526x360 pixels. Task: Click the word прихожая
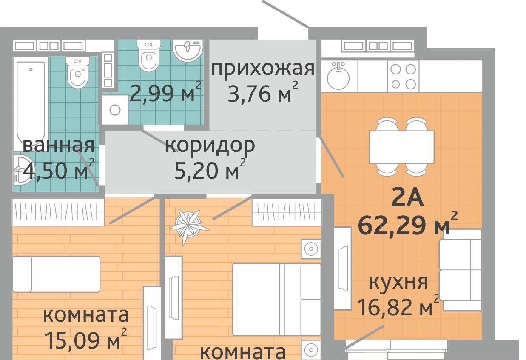tap(263, 69)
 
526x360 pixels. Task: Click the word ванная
tap(59, 145)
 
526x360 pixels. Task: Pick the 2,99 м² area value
tap(165, 91)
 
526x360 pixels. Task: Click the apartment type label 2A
tap(407, 198)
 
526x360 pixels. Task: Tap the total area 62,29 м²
tap(408, 223)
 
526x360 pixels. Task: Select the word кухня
tap(398, 282)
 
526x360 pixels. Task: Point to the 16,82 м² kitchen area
tap(398, 306)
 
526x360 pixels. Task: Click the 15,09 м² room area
tap(86, 338)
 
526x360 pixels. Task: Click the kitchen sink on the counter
tap(338, 76)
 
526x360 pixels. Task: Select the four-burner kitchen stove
tap(403, 76)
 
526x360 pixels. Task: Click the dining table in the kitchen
tap(402, 147)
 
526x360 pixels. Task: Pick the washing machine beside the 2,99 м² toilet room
tap(115, 110)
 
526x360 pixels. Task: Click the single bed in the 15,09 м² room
tap(57, 274)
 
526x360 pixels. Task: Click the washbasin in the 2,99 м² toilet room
tap(188, 51)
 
